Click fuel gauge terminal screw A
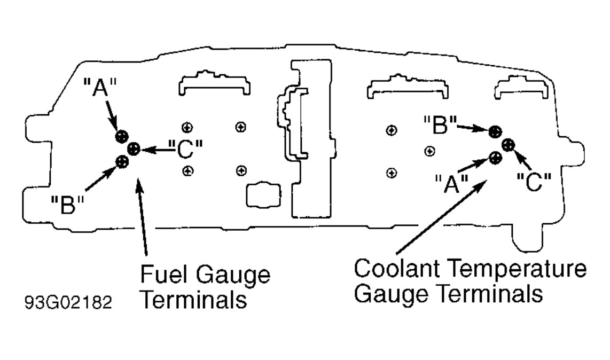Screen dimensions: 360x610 point(120,136)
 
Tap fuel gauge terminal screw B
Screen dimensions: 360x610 point(122,160)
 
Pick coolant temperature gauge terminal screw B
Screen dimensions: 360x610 point(495,131)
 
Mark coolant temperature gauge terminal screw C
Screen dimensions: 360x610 point(508,144)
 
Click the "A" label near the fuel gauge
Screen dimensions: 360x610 point(96,87)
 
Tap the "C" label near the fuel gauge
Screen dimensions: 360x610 point(183,149)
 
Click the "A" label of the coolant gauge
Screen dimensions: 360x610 point(451,184)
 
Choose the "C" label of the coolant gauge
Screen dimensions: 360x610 point(534,182)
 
